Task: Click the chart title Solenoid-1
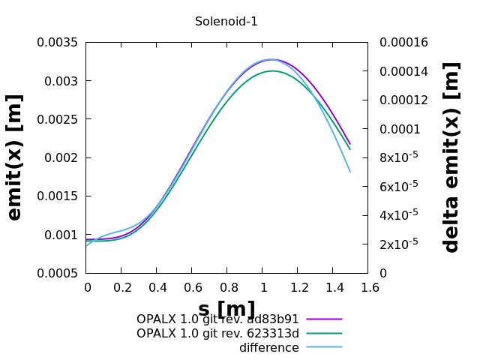click(x=226, y=22)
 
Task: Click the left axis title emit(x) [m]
click(x=15, y=157)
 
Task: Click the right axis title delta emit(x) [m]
click(x=451, y=157)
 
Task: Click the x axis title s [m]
click(x=226, y=309)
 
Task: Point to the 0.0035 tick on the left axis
click(x=58, y=42)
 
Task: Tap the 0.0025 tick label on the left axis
click(x=58, y=119)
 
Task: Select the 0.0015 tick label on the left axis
click(x=58, y=196)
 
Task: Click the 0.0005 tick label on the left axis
click(x=58, y=273)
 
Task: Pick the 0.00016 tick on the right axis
click(x=403, y=42)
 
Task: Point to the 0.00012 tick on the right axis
click(x=403, y=100)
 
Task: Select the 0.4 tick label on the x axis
click(x=156, y=287)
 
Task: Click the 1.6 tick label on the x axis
click(x=367, y=287)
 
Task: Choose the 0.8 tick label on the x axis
click(x=226, y=287)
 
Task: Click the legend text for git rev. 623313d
click(x=217, y=334)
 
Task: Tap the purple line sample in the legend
click(x=324, y=319)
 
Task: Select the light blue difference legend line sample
click(x=324, y=348)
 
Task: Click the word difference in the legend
click(x=268, y=348)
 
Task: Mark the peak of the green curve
click(x=271, y=71)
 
